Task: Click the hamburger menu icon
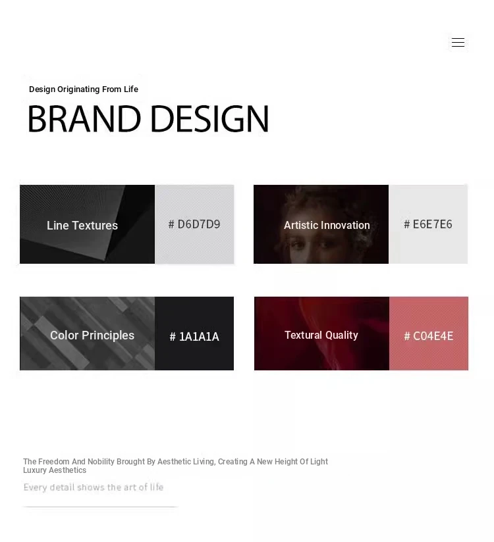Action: pos(458,42)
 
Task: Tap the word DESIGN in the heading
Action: pos(210,118)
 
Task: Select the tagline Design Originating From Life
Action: pos(84,89)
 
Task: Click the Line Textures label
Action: pos(82,226)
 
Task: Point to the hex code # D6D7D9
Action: pos(194,224)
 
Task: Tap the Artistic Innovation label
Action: pos(327,225)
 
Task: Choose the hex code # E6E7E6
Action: pos(428,224)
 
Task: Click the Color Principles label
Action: pos(92,335)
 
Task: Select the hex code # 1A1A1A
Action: pos(194,336)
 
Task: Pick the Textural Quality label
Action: pos(321,335)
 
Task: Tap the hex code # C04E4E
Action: pos(429,336)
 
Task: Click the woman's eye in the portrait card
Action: pos(296,245)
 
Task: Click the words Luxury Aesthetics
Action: pos(55,470)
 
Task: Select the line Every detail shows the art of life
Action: pos(94,487)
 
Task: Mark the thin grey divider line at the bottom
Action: pos(100,506)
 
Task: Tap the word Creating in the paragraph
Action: pos(233,462)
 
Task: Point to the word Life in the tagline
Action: pos(131,89)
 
